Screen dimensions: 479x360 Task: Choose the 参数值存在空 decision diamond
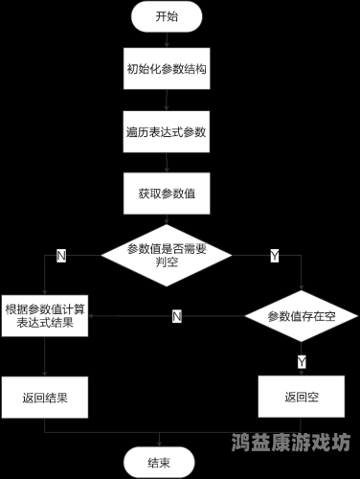pyautogui.click(x=301, y=316)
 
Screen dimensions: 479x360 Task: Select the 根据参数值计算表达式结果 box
pyautogui.click(x=45, y=316)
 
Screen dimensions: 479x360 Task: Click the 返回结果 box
pyautogui.click(x=45, y=395)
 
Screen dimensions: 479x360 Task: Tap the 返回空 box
pyautogui.click(x=301, y=396)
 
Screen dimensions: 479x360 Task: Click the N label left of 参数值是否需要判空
pyautogui.click(x=61, y=256)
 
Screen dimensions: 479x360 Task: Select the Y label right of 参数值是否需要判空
pyautogui.click(x=275, y=256)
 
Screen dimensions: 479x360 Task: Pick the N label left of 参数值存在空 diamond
pyautogui.click(x=177, y=316)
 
